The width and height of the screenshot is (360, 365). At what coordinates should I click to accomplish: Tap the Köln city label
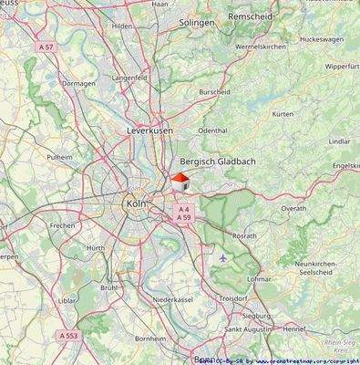pyautogui.click(x=137, y=203)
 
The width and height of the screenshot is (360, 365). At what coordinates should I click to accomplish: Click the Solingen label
pyautogui.click(x=197, y=21)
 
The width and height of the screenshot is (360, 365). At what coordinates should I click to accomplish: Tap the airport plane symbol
pyautogui.click(x=225, y=258)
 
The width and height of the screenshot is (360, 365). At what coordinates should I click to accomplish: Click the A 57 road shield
pyautogui.click(x=47, y=45)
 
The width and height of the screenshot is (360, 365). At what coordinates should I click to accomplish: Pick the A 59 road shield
pyautogui.click(x=184, y=218)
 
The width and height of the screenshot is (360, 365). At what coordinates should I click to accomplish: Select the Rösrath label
pyautogui.click(x=244, y=235)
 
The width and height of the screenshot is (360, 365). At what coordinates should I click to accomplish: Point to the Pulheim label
pyautogui.click(x=60, y=157)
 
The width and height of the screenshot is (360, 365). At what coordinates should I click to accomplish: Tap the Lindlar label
pyautogui.click(x=339, y=141)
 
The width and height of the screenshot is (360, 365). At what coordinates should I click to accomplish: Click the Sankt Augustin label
pyautogui.click(x=246, y=328)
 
